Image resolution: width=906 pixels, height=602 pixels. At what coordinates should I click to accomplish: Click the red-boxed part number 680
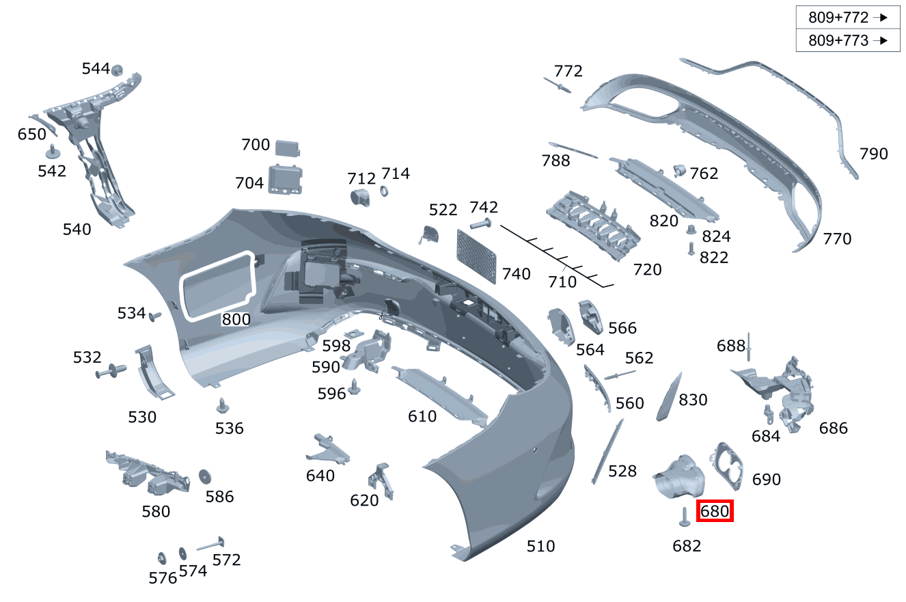(714, 510)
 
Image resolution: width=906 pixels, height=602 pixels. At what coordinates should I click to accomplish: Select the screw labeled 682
(683, 518)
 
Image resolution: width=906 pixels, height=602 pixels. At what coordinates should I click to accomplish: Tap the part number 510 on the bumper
(540, 546)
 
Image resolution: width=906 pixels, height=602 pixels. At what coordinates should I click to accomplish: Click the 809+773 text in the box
(838, 40)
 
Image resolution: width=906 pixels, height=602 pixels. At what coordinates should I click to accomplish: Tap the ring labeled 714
(384, 191)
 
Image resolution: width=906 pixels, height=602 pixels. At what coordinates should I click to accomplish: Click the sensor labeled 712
(359, 197)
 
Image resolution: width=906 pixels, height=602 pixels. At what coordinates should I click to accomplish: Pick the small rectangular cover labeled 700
(288, 147)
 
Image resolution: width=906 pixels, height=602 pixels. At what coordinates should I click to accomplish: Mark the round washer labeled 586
(204, 476)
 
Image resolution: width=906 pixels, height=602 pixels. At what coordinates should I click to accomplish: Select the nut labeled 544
(117, 69)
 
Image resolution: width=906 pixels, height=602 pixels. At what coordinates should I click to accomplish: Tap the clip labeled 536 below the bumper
(223, 405)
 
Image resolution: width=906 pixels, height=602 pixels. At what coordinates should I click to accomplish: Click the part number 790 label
(873, 154)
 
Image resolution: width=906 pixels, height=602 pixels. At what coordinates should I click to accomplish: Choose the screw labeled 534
(154, 316)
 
